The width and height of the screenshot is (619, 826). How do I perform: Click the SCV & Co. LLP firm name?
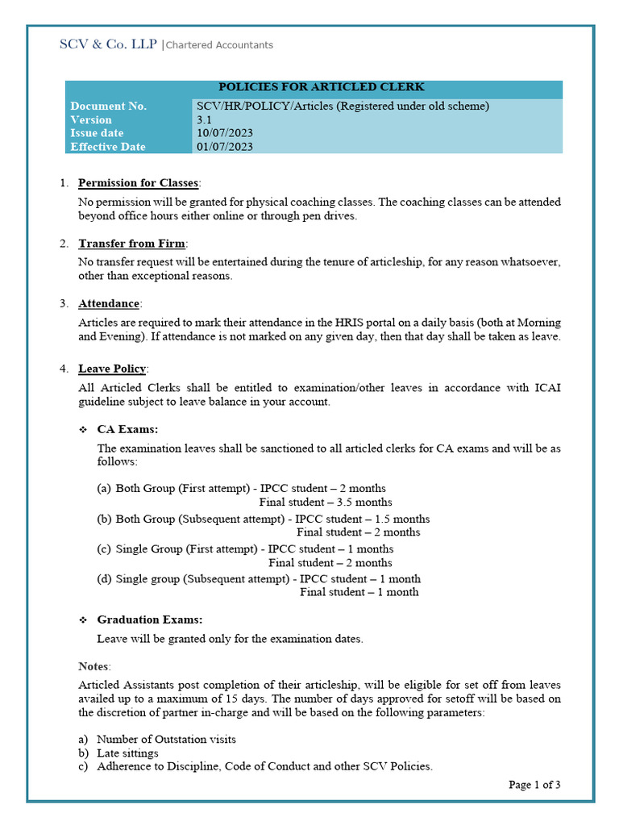click(109, 44)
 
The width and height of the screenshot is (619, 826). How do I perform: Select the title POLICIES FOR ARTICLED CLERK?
click(322, 87)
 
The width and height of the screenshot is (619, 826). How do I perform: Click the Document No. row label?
click(109, 106)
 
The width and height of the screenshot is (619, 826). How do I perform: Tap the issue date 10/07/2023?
click(225, 133)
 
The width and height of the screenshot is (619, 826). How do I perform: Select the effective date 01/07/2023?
click(225, 147)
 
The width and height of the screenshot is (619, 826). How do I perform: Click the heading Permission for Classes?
click(137, 183)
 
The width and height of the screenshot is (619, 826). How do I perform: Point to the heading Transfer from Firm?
click(131, 244)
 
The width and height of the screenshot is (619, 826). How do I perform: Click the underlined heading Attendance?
click(108, 304)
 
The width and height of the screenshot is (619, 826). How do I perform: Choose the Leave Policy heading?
click(112, 369)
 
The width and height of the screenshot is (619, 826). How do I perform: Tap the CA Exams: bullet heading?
click(127, 429)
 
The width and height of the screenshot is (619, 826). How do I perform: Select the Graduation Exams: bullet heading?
click(149, 619)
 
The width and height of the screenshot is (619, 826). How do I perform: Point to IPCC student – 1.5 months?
click(362, 519)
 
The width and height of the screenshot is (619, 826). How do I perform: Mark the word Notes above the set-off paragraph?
click(93, 666)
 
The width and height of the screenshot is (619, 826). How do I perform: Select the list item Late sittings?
click(127, 753)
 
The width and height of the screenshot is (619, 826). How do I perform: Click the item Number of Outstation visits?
click(166, 739)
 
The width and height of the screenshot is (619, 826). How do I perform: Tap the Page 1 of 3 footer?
click(534, 784)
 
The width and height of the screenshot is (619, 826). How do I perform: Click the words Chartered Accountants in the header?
click(219, 45)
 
